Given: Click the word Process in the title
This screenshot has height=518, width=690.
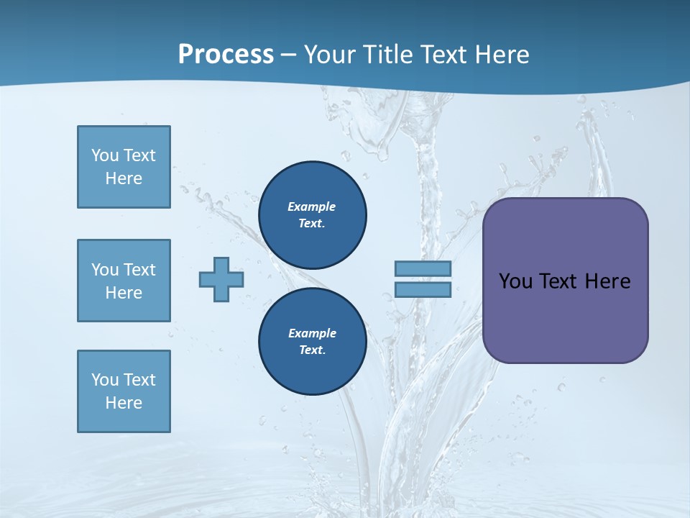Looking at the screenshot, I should [x=226, y=55].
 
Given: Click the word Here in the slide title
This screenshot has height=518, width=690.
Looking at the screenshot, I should [x=502, y=55].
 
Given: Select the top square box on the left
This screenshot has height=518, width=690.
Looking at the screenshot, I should [x=124, y=167].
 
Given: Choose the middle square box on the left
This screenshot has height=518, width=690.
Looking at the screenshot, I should [x=124, y=281].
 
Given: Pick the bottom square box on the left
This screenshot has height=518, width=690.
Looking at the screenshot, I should [x=124, y=391].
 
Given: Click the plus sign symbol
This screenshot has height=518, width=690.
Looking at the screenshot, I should [x=221, y=279].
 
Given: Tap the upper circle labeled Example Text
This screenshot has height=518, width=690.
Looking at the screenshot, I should [x=312, y=215].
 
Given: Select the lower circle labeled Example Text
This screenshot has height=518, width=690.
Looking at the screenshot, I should [x=312, y=342].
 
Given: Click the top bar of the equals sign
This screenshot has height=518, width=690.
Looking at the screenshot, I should [x=423, y=268].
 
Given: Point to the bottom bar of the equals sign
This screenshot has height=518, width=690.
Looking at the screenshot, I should [x=423, y=290].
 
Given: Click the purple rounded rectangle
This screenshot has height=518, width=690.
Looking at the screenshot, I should [x=565, y=317].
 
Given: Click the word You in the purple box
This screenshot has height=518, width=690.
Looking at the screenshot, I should [x=515, y=281].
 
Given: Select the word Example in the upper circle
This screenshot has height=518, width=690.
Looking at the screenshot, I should [x=312, y=206].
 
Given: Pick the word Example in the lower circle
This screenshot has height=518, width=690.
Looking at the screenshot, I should [x=312, y=333].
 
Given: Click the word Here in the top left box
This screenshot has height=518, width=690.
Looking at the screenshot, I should [x=124, y=178].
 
